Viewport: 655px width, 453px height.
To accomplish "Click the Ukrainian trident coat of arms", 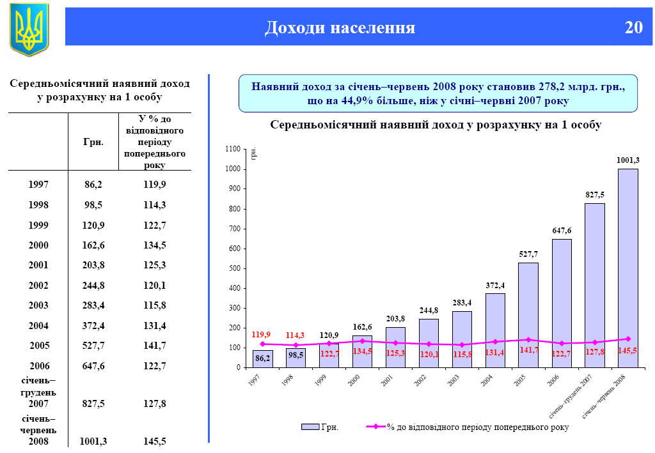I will [29, 29].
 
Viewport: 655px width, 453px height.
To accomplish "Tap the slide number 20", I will [633, 27].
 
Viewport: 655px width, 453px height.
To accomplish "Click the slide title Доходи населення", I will [340, 27].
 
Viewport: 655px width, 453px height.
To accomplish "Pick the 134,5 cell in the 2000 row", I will [153, 245].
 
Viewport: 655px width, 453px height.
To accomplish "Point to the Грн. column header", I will [93, 142].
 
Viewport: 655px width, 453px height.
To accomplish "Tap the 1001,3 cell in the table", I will [93, 441].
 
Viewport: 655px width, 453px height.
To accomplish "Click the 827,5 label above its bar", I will [595, 194].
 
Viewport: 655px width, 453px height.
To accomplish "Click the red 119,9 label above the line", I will [261, 334].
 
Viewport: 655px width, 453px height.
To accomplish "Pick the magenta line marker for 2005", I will [528, 339].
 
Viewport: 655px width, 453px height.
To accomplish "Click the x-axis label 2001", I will [387, 381].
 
